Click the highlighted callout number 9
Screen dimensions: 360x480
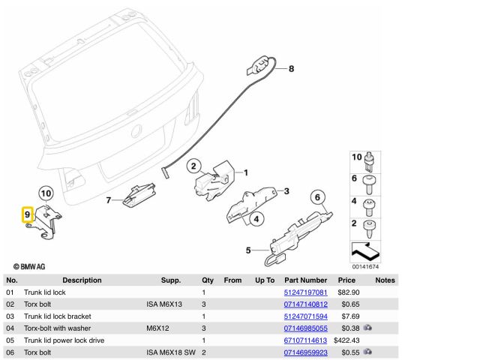[27, 214]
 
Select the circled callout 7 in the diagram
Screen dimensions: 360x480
[108, 200]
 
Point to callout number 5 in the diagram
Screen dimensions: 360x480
[249, 250]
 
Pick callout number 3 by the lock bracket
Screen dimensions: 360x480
[286, 191]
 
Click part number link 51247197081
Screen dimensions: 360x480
[305, 292]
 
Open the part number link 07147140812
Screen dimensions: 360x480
[305, 304]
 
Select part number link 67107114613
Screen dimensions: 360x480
[305, 340]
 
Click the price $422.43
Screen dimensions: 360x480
[346, 340]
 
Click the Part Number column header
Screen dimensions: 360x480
[305, 280]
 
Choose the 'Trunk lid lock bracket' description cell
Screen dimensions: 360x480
[59, 316]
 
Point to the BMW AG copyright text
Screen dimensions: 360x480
[29, 265]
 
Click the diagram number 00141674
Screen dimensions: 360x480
[365, 266]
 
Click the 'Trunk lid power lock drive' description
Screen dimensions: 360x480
[64, 340]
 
